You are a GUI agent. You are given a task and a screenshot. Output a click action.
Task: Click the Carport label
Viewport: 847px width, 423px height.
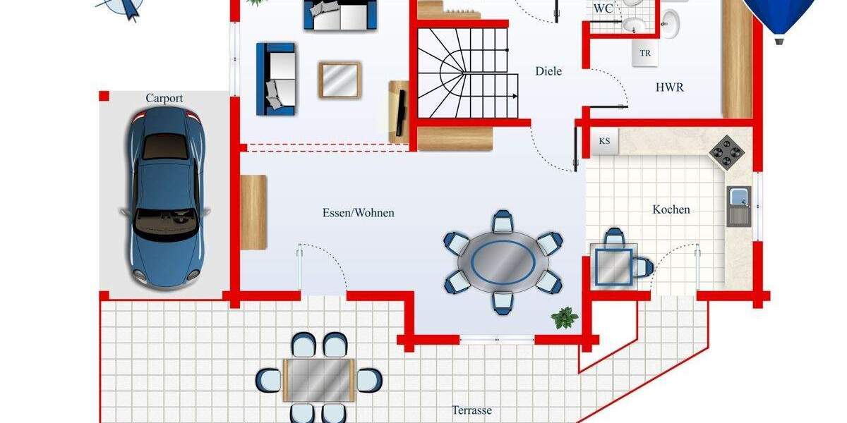click(164, 98)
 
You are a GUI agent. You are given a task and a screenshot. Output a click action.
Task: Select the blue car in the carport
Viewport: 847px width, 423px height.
click(166, 200)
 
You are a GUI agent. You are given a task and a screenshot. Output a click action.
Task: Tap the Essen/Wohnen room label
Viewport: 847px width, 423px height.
click(358, 213)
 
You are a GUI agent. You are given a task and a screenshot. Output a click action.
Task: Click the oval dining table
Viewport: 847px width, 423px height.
click(503, 262)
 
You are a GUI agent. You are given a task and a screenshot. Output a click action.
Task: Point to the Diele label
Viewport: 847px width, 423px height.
click(548, 71)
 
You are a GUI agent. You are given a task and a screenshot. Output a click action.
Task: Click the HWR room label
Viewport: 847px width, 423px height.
click(669, 88)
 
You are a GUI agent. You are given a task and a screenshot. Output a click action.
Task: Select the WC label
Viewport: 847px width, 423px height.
click(603, 9)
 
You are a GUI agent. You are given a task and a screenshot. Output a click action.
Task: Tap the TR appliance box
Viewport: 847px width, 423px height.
click(644, 53)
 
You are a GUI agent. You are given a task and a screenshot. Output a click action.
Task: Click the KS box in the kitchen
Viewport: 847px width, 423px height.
click(604, 141)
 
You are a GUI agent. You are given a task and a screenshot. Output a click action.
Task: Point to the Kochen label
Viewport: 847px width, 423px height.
click(671, 209)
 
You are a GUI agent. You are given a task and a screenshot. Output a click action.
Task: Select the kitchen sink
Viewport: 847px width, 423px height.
click(738, 205)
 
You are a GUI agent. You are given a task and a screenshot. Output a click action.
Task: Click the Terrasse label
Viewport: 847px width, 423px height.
click(471, 410)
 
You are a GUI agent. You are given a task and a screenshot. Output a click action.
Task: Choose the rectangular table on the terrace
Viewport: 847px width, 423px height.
click(318, 379)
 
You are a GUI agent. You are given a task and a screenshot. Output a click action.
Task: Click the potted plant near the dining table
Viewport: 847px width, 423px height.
click(565, 318)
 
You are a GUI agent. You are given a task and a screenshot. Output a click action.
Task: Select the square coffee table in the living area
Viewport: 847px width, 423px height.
click(340, 80)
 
